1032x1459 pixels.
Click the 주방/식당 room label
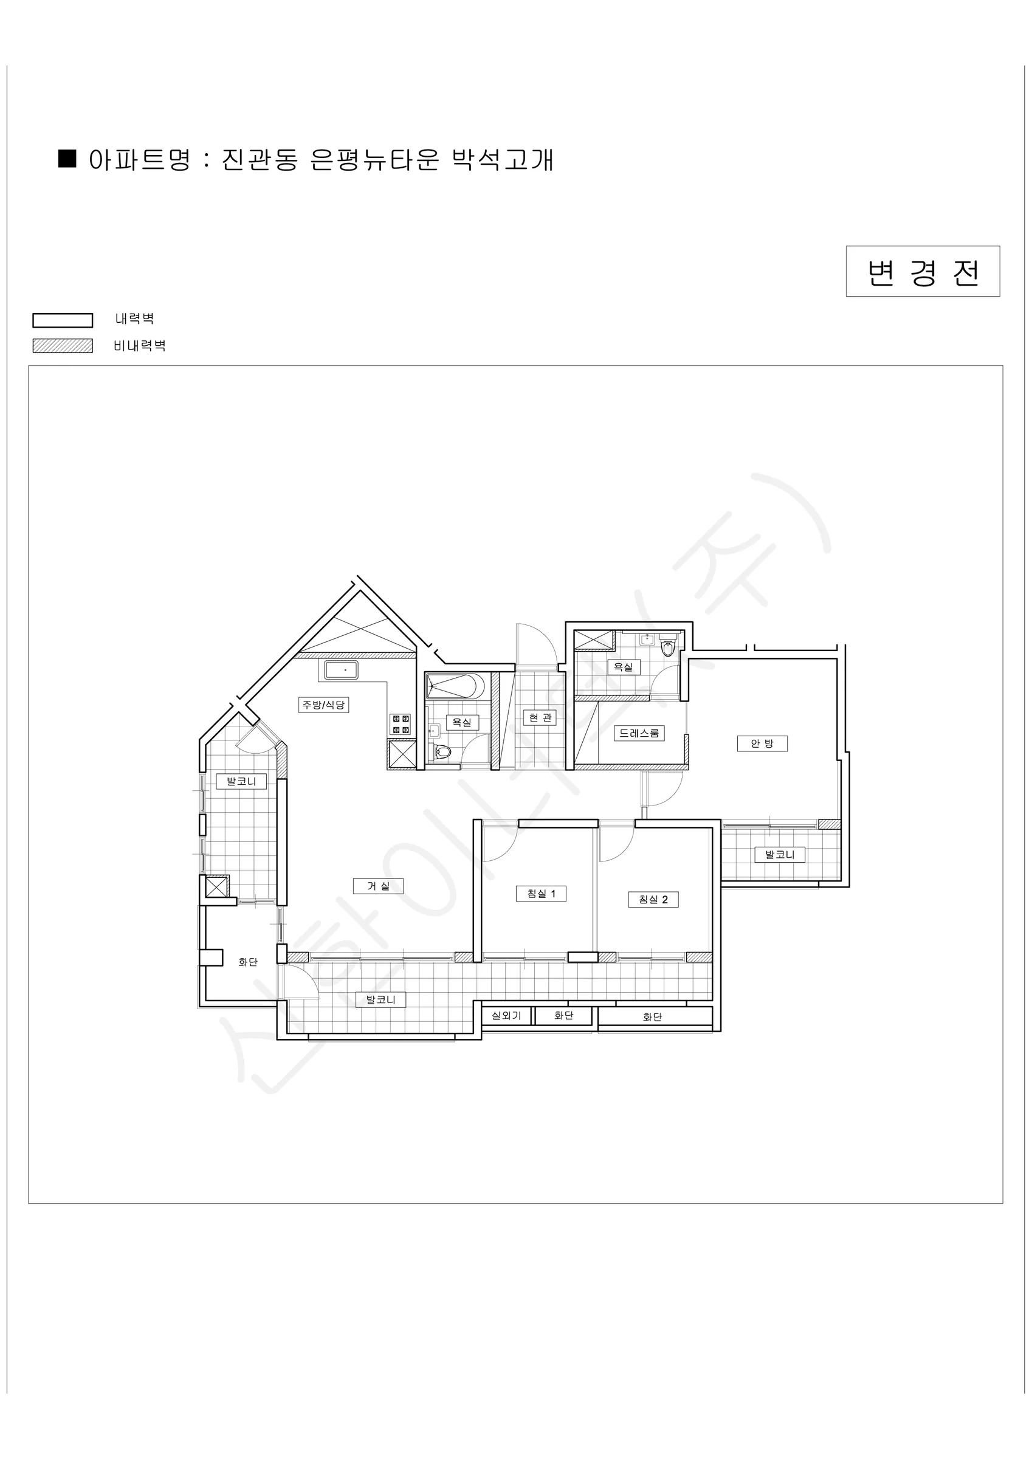point(323,704)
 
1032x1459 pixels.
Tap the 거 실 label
point(378,886)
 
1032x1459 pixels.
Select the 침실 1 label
point(541,894)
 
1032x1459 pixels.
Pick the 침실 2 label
point(653,899)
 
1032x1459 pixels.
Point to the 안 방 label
point(762,743)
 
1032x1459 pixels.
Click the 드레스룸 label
point(639,733)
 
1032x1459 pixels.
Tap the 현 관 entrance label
point(541,717)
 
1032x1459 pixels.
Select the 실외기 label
point(506,1015)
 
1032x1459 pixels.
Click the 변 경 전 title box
point(923,271)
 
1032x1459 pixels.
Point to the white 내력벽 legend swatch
point(62,320)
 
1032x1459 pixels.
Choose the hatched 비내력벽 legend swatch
point(62,346)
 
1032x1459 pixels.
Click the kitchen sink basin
point(341,670)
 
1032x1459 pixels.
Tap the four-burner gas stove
point(401,725)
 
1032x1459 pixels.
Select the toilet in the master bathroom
point(667,647)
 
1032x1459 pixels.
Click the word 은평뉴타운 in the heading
point(375,159)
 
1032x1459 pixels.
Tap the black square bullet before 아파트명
point(67,159)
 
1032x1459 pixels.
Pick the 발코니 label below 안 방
point(780,855)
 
